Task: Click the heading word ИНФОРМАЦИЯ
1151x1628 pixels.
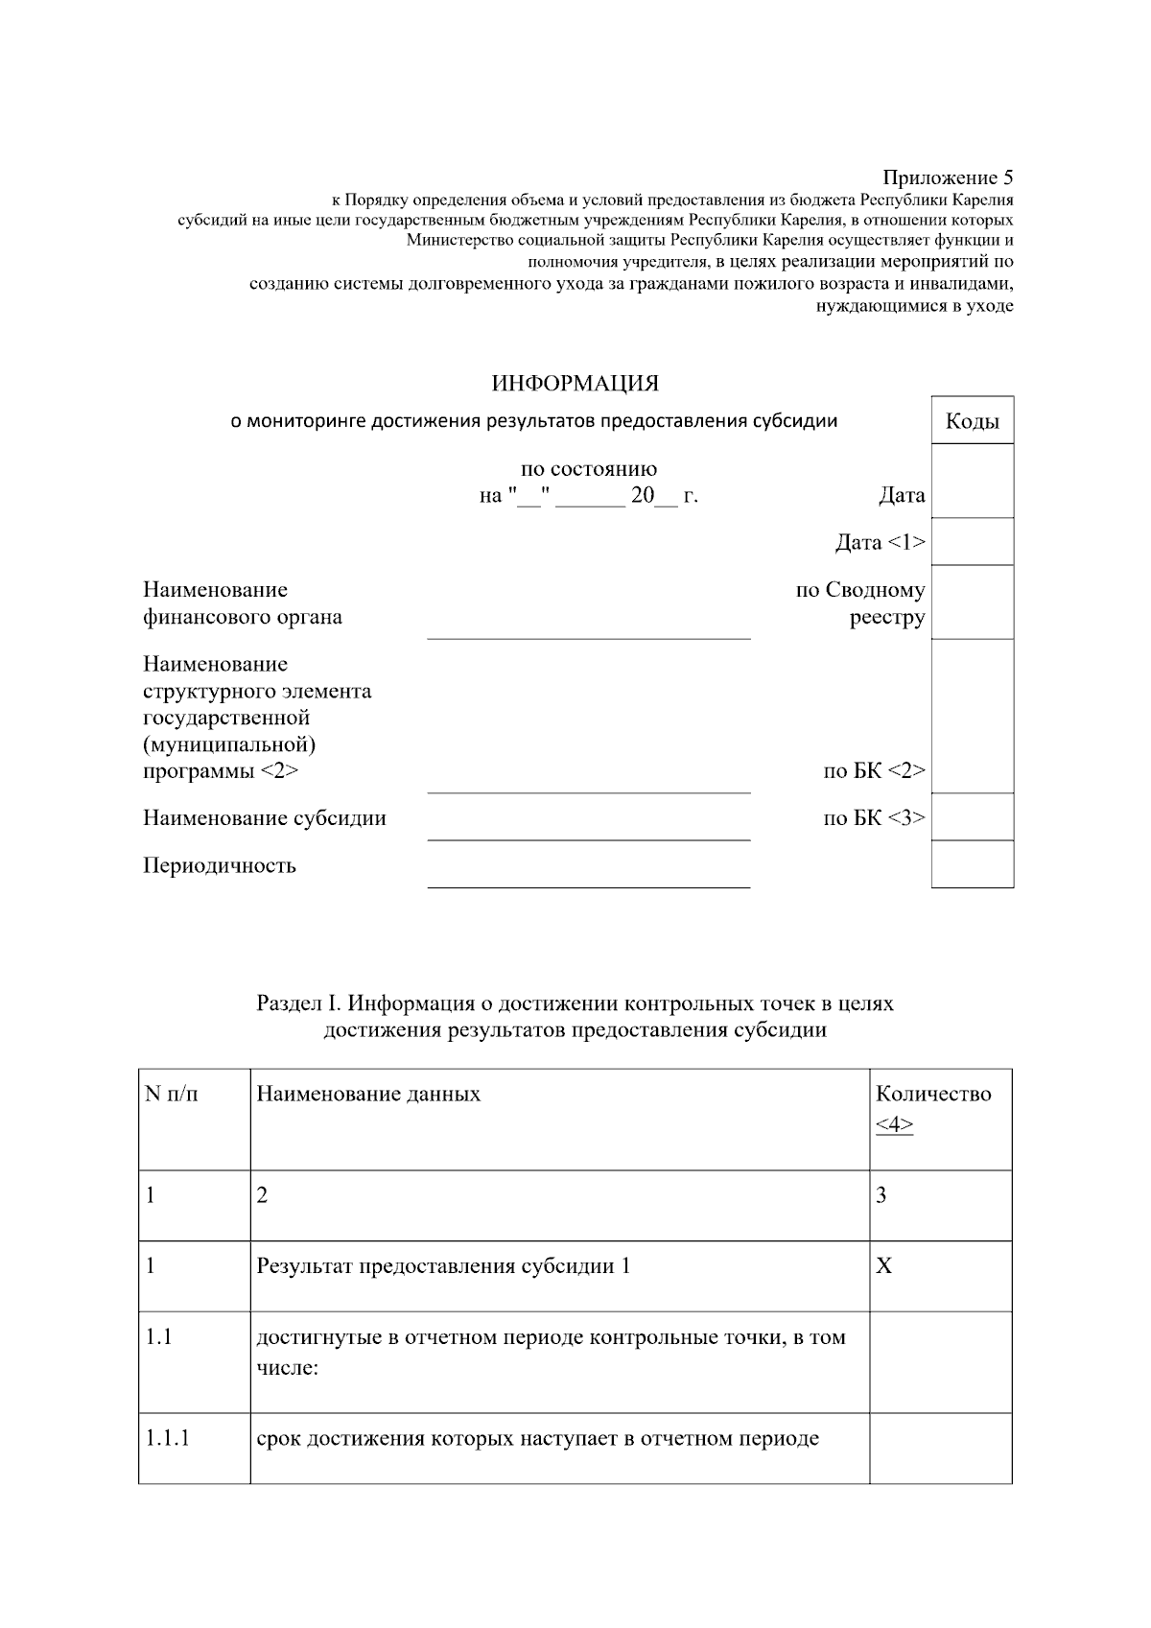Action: (x=575, y=384)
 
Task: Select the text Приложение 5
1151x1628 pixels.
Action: (x=947, y=177)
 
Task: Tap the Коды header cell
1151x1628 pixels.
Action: (x=972, y=421)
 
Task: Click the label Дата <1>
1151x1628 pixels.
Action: (x=880, y=543)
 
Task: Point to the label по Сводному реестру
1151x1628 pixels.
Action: (x=860, y=603)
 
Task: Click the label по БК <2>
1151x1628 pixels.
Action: (x=874, y=770)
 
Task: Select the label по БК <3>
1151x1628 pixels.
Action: (x=874, y=818)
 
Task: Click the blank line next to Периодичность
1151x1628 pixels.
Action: (x=588, y=876)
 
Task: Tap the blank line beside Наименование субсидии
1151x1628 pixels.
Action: (x=588, y=828)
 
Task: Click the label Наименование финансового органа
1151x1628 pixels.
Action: (x=242, y=603)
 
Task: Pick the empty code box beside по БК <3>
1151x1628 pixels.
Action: (x=972, y=816)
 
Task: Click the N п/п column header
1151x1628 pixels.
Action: (x=172, y=1094)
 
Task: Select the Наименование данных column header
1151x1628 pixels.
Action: (x=368, y=1094)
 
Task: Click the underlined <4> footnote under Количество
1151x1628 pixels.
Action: (x=894, y=1124)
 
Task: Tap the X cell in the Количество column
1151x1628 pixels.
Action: (x=883, y=1266)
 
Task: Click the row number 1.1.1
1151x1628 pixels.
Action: (x=168, y=1438)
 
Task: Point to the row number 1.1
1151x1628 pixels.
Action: (x=158, y=1335)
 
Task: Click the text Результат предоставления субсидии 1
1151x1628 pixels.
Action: (x=443, y=1266)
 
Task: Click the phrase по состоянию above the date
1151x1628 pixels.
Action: (x=588, y=469)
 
